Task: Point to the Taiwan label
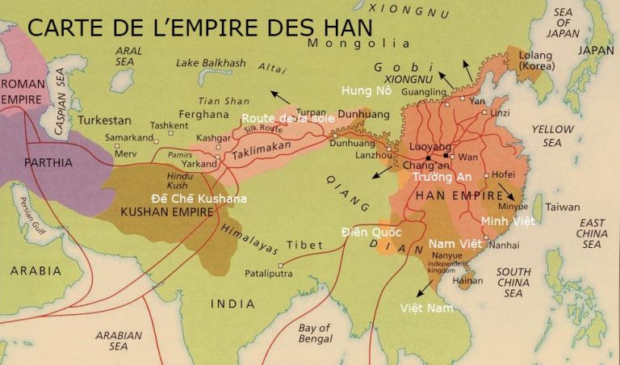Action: click(563, 207)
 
